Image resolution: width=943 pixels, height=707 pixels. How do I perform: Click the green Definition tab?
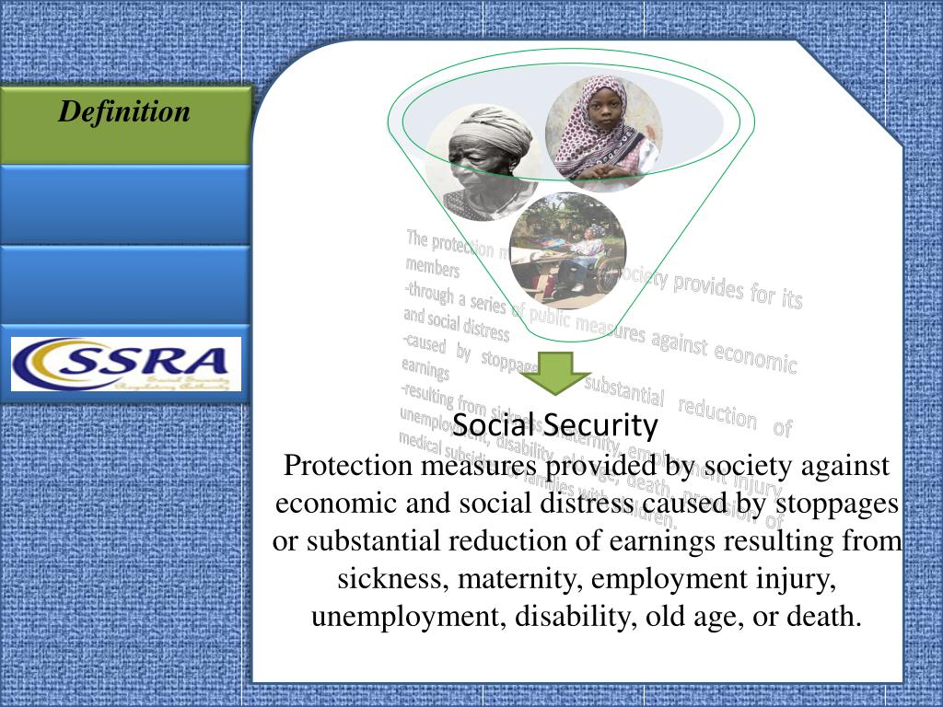coord(124,123)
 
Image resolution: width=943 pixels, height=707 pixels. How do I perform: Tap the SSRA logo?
coord(125,364)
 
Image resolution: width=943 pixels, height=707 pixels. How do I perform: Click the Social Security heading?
coord(555,425)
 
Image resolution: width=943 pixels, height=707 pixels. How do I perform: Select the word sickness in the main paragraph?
coord(393,579)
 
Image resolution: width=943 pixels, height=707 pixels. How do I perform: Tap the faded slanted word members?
coord(432,268)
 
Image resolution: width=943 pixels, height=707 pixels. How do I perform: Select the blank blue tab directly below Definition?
coord(124,204)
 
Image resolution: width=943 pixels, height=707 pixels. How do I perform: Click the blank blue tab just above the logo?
coord(124,284)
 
